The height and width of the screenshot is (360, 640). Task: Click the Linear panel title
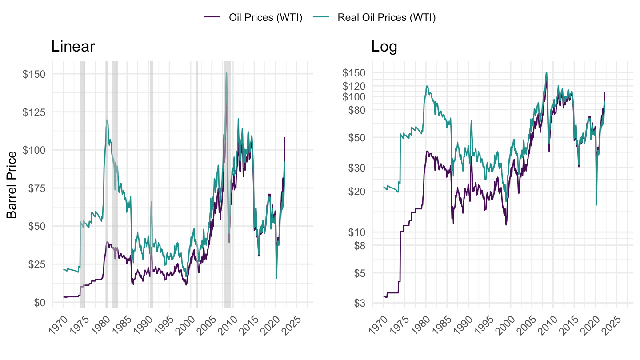point(73,46)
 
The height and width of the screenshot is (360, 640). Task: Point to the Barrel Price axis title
point(12,185)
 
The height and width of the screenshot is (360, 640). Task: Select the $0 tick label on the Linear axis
point(39,302)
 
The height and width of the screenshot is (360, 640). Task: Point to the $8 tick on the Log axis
point(358,245)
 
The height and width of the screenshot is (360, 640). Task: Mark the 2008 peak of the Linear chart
point(226,72)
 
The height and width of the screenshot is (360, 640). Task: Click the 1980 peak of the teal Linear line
point(107,120)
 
